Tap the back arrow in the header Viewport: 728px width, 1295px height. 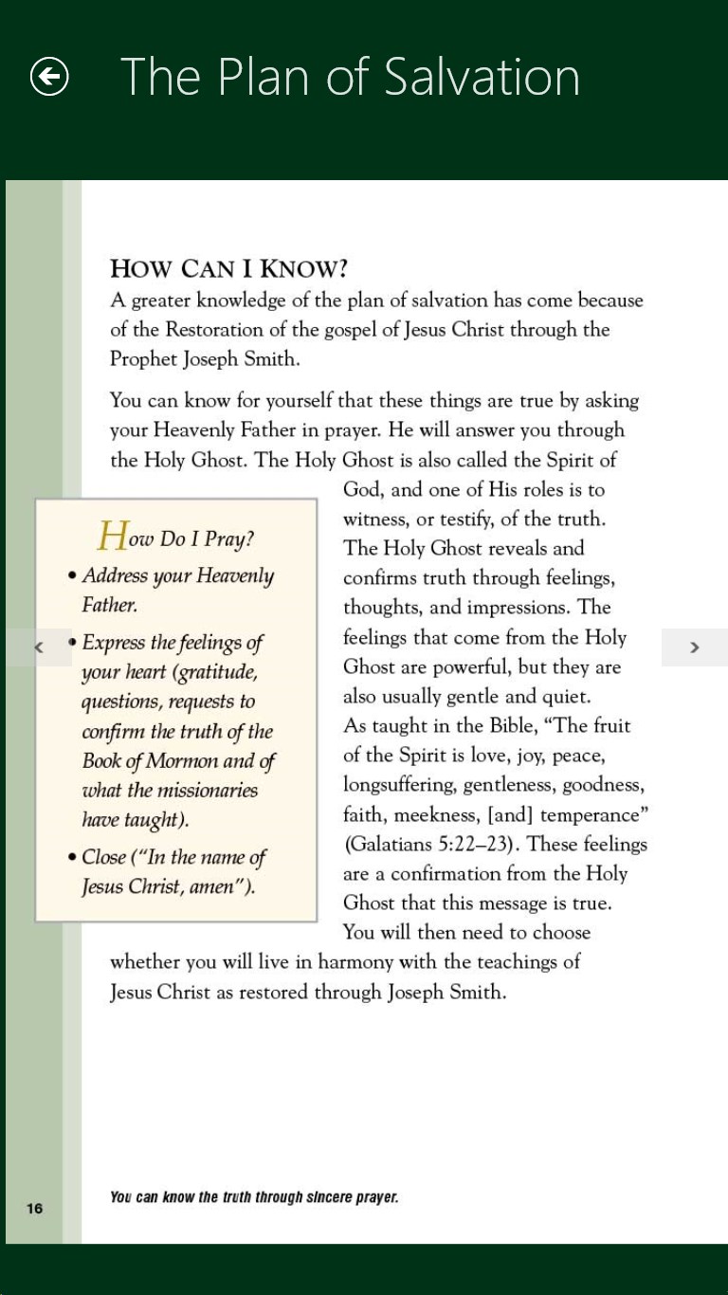[49, 77]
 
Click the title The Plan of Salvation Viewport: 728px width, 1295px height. [350, 77]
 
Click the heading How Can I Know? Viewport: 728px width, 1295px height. [228, 268]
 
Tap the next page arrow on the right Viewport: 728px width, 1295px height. [695, 647]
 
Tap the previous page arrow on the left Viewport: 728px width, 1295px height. [39, 647]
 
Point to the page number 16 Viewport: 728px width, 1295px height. [34, 1208]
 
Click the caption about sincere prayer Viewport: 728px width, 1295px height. [254, 1197]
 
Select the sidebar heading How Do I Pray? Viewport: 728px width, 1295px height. [176, 538]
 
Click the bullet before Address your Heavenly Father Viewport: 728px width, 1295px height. [72, 576]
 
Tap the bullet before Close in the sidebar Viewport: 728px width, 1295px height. [72, 858]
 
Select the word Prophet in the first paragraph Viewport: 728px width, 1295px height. [140, 359]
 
